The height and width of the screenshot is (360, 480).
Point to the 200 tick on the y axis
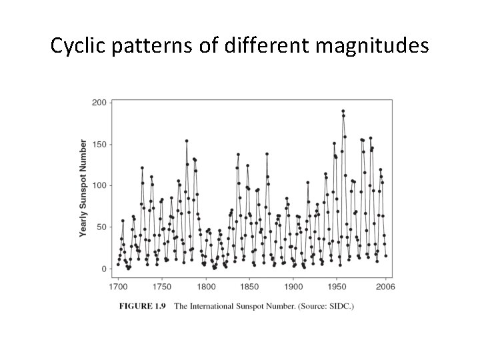[99, 103]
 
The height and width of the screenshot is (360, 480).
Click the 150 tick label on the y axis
[99, 145]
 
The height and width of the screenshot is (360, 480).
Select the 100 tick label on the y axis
[99, 186]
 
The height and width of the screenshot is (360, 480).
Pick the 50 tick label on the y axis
[101, 227]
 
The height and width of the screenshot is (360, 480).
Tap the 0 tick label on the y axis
[103, 269]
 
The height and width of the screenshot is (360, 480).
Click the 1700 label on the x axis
[118, 287]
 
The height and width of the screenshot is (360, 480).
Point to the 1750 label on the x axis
[162, 287]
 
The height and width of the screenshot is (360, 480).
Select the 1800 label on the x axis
[206, 287]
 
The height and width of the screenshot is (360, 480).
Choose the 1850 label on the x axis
[249, 287]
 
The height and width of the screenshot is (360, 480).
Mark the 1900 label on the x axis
[293, 287]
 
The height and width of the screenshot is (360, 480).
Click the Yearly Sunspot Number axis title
[83, 188]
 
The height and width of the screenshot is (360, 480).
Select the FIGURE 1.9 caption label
[143, 306]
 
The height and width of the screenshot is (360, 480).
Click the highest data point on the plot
[343, 111]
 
